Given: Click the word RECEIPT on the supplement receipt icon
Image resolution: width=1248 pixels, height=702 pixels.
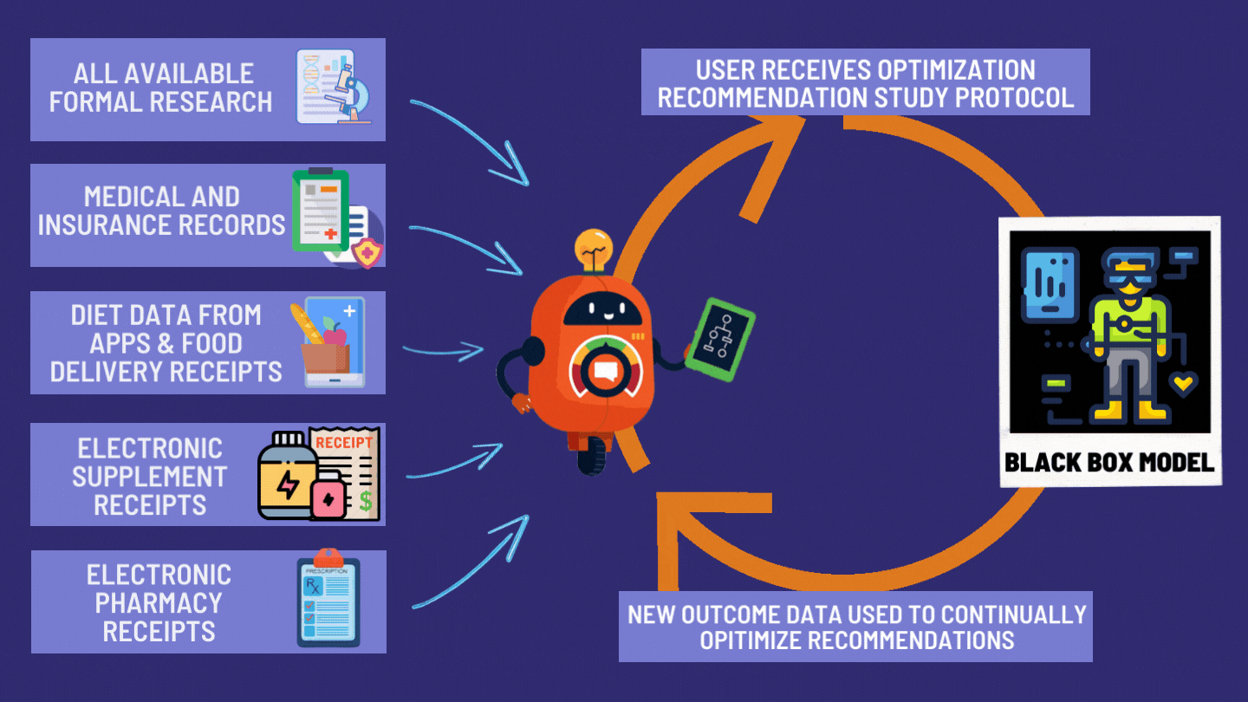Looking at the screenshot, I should tap(343, 443).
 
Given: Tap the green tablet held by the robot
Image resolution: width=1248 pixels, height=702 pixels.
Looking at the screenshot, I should tap(719, 340).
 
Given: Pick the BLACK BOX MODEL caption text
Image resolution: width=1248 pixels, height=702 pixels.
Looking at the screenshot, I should tap(1108, 463).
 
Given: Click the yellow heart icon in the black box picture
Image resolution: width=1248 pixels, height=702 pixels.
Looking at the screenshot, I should tap(1183, 380).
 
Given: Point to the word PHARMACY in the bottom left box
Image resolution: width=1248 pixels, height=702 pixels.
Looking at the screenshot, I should tap(159, 602).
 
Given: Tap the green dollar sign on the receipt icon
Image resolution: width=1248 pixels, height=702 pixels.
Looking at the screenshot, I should tap(366, 500).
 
